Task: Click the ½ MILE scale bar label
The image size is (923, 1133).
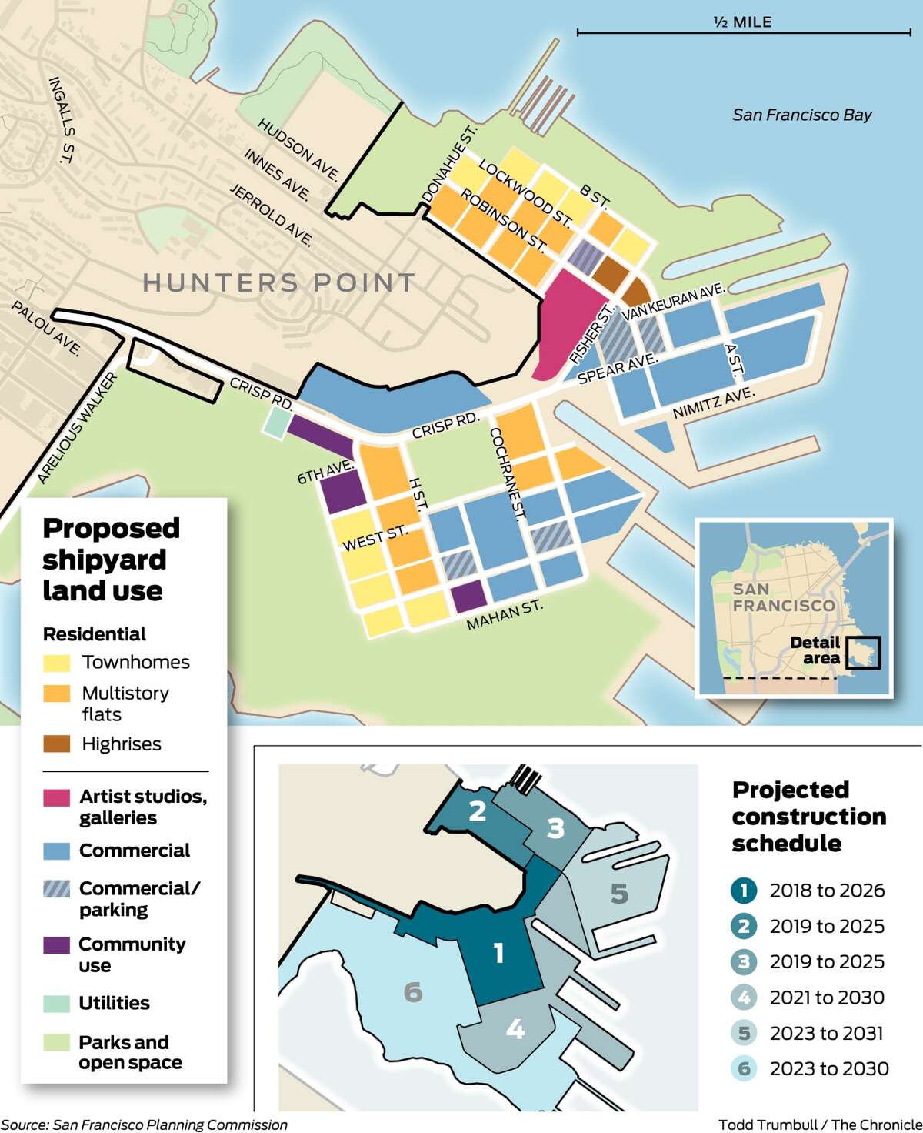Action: pyautogui.click(x=743, y=22)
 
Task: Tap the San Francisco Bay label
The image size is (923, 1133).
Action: pyautogui.click(x=801, y=115)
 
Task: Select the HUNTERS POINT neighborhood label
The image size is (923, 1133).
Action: pyautogui.click(x=279, y=283)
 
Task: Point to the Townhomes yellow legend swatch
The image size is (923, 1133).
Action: pyautogui.click(x=57, y=663)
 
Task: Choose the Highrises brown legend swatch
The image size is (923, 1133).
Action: pyautogui.click(x=57, y=744)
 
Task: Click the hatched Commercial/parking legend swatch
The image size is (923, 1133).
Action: pyautogui.click(x=57, y=889)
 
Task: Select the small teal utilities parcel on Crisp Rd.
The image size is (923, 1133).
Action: pyautogui.click(x=277, y=423)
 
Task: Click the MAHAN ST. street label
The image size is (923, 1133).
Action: pyautogui.click(x=505, y=615)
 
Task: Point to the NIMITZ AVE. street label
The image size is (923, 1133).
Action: pyautogui.click(x=713, y=403)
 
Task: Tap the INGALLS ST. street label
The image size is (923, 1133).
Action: pyautogui.click(x=61, y=119)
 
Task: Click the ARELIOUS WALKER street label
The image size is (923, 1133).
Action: pyautogui.click(x=78, y=428)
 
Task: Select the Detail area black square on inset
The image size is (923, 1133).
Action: pyautogui.click(x=862, y=653)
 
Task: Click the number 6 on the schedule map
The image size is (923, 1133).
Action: pyautogui.click(x=413, y=992)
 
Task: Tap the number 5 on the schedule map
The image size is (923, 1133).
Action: pyautogui.click(x=619, y=894)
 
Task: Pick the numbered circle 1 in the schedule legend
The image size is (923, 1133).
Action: pyautogui.click(x=744, y=891)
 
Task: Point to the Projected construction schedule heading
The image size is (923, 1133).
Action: pyautogui.click(x=808, y=817)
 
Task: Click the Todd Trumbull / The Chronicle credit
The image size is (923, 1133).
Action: pyautogui.click(x=819, y=1125)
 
